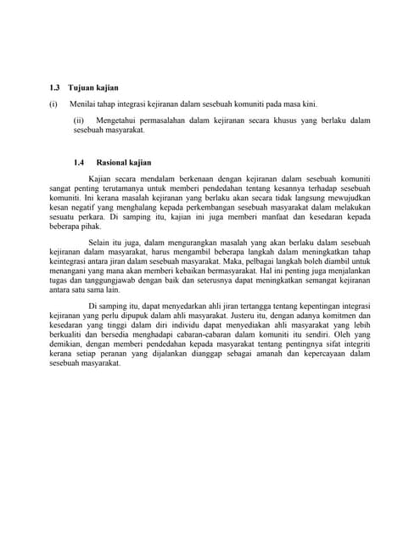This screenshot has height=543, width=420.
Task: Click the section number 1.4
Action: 80,162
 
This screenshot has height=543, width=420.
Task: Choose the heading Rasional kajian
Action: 124,162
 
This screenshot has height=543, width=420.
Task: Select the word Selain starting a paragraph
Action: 100,243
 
